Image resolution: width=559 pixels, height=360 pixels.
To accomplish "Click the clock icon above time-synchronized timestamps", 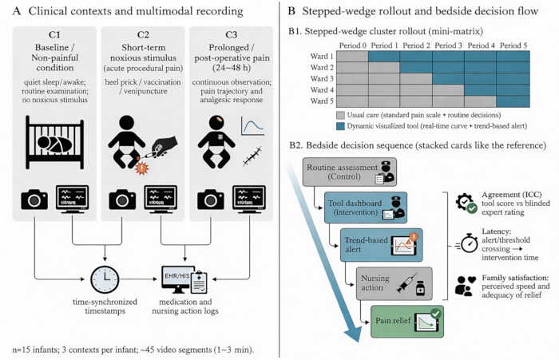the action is (x=105, y=280).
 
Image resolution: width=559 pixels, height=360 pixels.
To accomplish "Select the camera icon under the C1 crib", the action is (x=34, y=200).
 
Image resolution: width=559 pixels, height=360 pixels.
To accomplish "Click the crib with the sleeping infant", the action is (x=54, y=142).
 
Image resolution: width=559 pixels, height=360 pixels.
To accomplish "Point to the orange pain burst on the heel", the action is (x=142, y=168).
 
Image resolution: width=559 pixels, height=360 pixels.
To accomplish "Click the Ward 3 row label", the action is (x=322, y=79).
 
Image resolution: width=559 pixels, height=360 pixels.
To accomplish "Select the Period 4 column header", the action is (x=481, y=45).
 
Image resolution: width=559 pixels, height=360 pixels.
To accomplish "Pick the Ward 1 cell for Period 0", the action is (x=353, y=57).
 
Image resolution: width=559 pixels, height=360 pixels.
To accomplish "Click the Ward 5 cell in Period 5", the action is (x=513, y=101).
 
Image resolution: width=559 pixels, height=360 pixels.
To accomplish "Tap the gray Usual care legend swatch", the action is (x=340, y=115).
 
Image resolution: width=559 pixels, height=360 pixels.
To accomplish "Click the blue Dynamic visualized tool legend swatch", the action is (x=340, y=126).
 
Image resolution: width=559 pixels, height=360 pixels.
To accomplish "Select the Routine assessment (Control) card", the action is (x=350, y=172).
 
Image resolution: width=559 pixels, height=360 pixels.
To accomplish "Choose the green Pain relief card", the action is (x=407, y=321).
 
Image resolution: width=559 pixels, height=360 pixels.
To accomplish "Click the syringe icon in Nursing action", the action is (x=406, y=283).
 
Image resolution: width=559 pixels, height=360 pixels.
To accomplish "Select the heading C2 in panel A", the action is (x=143, y=34).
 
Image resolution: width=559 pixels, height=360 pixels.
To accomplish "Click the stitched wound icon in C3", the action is (x=252, y=156).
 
